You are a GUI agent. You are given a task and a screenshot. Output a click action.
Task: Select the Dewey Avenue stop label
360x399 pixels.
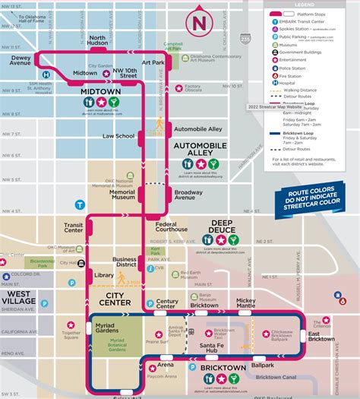21,60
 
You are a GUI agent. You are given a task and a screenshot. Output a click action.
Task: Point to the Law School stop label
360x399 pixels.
118,136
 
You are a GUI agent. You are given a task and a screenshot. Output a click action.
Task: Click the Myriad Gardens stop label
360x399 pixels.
115,326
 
